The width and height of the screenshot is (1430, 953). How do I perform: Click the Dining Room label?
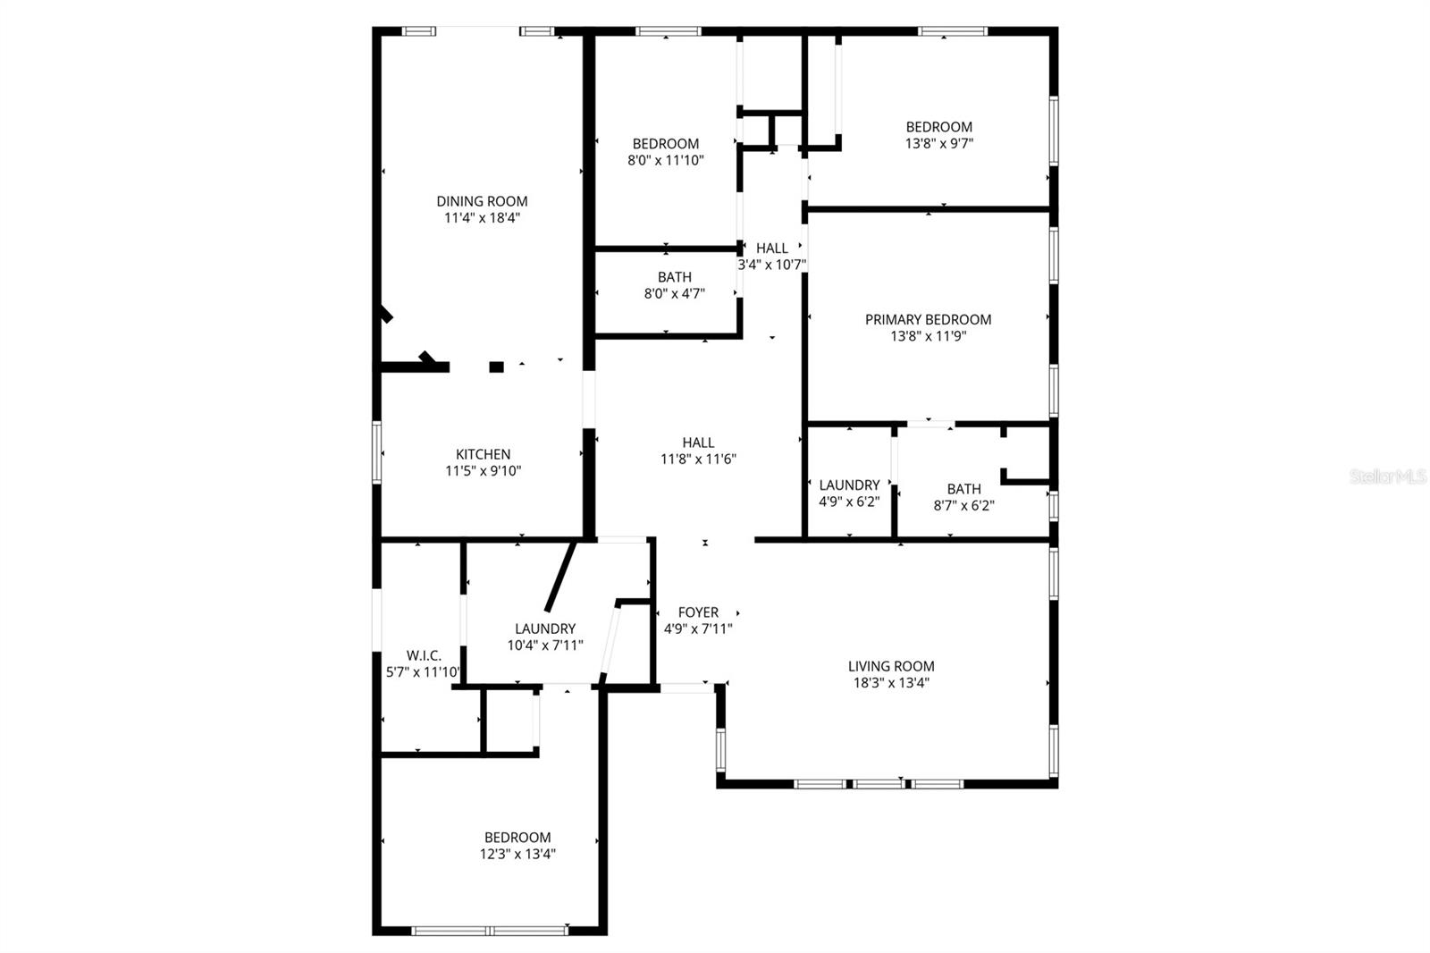point(482,201)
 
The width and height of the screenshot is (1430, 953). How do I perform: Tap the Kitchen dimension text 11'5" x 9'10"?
point(483,471)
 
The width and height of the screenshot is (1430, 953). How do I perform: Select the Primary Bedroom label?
point(928,319)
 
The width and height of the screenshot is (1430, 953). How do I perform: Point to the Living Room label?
point(891,666)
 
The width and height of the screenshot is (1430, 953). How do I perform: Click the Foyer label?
point(698,612)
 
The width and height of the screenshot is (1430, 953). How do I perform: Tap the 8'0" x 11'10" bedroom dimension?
point(666,161)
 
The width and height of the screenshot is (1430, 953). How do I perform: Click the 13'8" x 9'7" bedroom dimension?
point(938,143)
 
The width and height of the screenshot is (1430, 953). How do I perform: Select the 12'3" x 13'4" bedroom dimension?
point(517,854)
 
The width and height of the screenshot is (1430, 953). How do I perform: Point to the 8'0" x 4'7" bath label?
point(675,277)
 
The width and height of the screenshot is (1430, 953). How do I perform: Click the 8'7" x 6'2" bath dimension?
point(963,505)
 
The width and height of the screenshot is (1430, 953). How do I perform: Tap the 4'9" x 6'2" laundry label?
point(849,485)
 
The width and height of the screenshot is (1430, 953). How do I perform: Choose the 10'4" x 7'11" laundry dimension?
point(545,645)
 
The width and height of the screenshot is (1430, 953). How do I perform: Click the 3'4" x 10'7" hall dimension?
point(772,265)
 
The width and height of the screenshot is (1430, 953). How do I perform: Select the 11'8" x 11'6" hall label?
point(698,443)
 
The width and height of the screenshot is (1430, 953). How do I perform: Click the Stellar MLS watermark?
point(1388,476)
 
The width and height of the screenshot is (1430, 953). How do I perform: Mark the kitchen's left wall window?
point(377,452)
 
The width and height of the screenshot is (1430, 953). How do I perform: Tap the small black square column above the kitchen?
point(496,367)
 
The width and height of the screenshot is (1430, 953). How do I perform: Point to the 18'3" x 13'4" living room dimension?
point(891,683)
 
